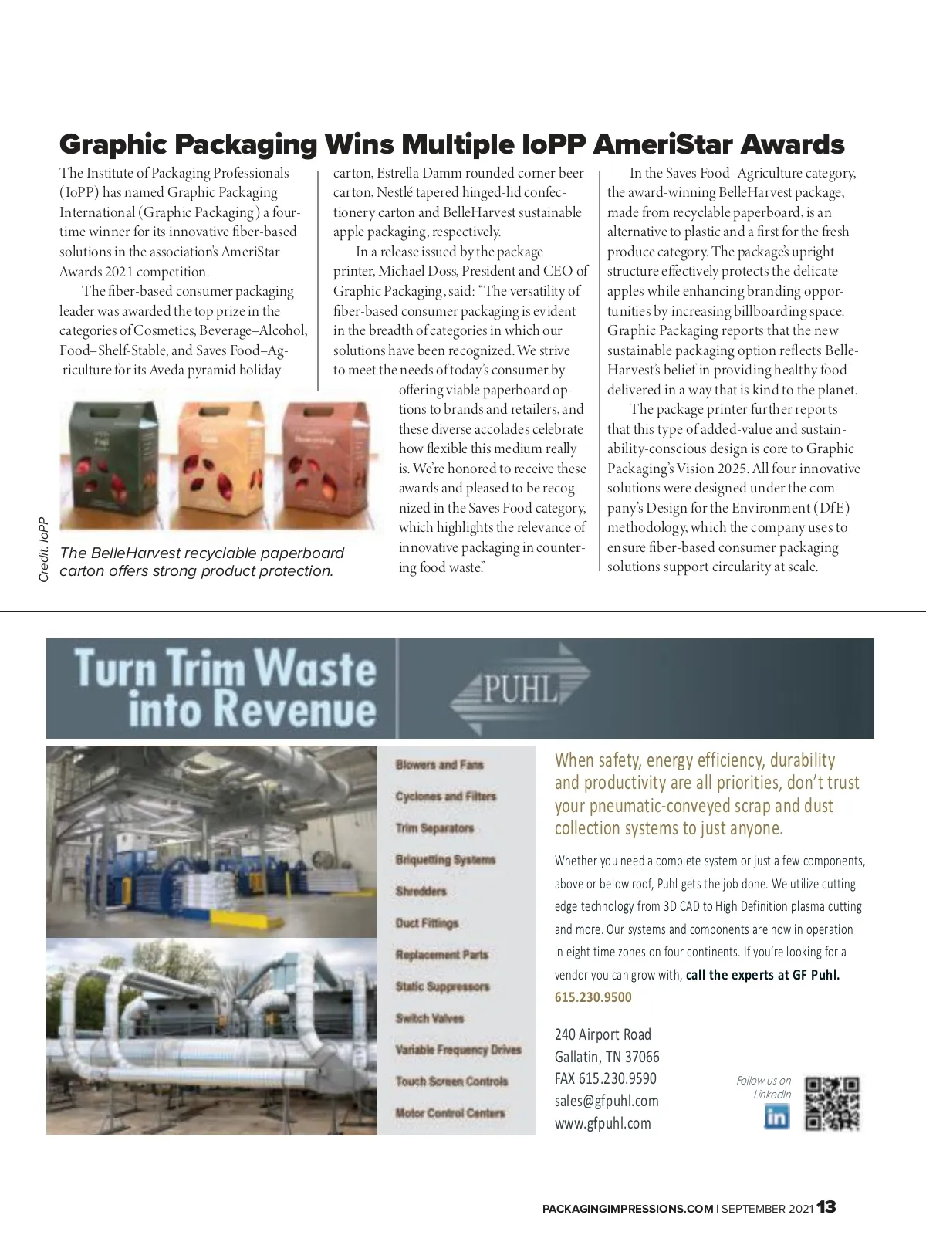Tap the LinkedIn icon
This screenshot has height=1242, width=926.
point(776,1116)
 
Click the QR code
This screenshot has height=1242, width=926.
point(833,1104)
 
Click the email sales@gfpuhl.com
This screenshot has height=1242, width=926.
point(607,1101)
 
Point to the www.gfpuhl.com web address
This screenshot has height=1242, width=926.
point(603,1123)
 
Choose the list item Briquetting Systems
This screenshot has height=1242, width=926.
point(445,859)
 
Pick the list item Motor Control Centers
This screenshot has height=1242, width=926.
point(450,1113)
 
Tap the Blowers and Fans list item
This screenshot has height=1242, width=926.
point(439,764)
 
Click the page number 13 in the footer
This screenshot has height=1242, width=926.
point(827,1207)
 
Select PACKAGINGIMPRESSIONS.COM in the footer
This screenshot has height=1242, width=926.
point(627,1209)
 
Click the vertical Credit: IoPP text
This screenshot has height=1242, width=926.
point(44,549)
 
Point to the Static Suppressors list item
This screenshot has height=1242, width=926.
point(442,986)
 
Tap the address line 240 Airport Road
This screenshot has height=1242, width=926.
point(603,1034)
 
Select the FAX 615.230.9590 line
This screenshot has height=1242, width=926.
point(606,1078)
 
